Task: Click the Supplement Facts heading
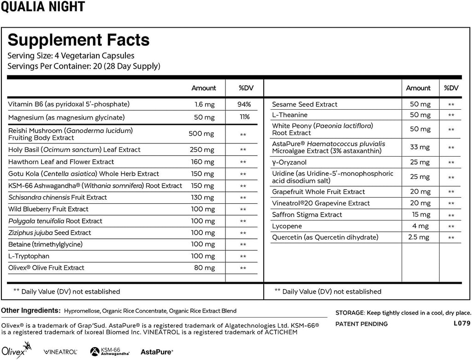click(x=79, y=40)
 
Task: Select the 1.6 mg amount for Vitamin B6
click(x=203, y=105)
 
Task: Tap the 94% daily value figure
click(x=244, y=105)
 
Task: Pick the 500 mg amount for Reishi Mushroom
click(x=201, y=134)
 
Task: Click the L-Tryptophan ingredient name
click(x=29, y=256)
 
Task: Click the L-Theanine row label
click(x=289, y=115)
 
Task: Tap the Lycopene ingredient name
click(x=287, y=226)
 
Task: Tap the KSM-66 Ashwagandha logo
click(x=110, y=351)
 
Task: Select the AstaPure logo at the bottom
click(x=157, y=351)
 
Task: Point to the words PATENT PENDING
click(x=361, y=324)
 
